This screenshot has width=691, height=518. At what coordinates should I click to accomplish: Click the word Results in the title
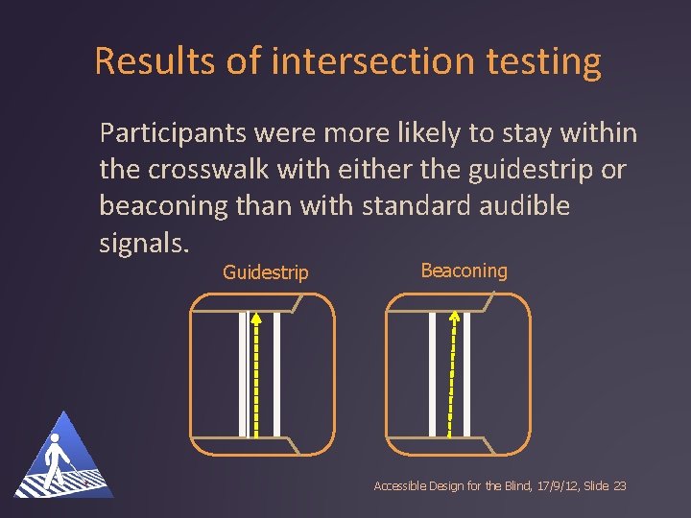[x=158, y=61]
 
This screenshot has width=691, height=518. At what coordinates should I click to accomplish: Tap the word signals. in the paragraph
[x=143, y=242]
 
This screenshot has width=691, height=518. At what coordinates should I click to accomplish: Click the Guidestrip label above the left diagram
[x=265, y=272]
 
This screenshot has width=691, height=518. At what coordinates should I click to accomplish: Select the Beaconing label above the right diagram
[x=464, y=271]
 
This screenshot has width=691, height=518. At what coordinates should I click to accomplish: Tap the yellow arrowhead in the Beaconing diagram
[x=455, y=318]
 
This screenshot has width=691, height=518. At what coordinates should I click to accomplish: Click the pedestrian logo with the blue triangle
[x=63, y=458]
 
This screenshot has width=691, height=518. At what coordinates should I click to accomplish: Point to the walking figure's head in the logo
[x=55, y=441]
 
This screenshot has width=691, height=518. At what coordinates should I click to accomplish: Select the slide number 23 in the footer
[x=618, y=486]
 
